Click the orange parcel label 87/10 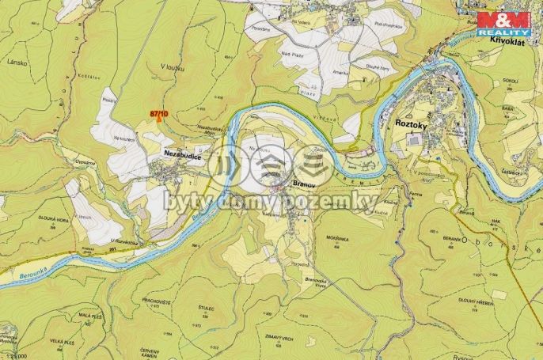click(159, 114)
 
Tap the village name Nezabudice click(180, 157)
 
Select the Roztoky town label click(411, 124)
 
